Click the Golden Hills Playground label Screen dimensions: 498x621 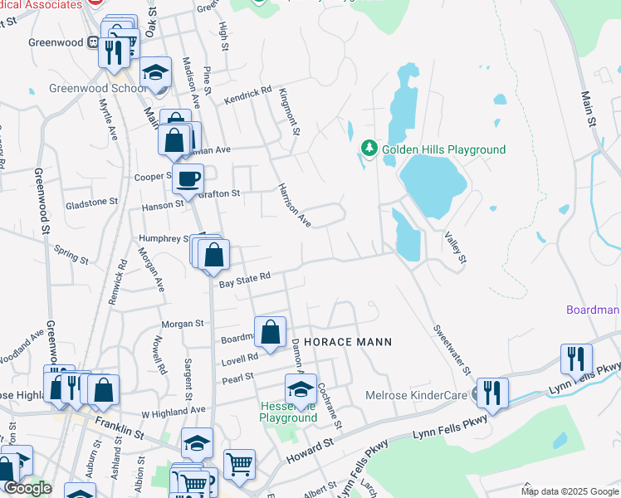point(443,149)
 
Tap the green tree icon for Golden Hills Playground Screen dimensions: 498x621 point(369,149)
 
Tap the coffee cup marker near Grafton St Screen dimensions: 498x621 point(188,178)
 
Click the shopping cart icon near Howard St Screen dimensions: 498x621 point(239,464)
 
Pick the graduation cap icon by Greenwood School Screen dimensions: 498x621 point(154,72)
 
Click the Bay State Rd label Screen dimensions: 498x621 point(245,280)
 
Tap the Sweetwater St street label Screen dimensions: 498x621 point(451,349)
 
